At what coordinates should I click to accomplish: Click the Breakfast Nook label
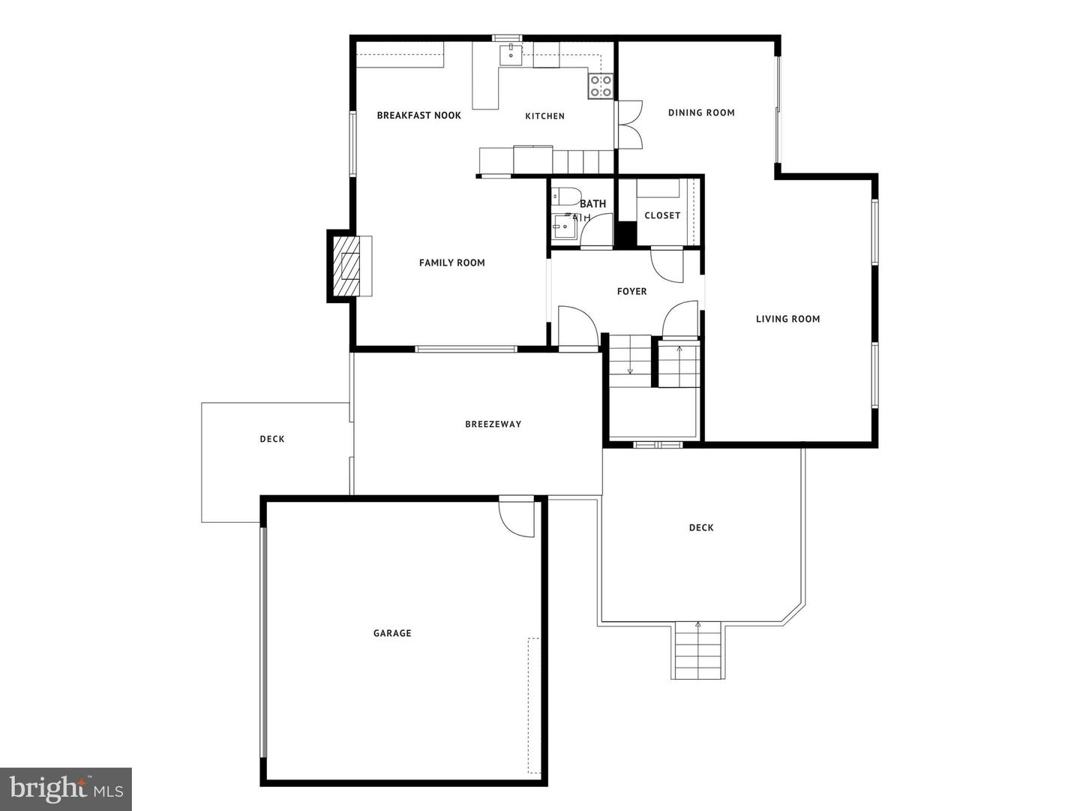418,116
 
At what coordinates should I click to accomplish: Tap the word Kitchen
544,116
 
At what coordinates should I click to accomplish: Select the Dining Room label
701,113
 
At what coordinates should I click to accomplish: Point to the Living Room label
787,319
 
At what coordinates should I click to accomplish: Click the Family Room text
451,263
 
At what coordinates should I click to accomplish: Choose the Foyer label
631,292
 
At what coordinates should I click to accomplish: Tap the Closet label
662,215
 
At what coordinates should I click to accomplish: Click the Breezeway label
493,425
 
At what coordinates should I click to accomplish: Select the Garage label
392,633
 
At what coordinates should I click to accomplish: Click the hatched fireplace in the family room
350,266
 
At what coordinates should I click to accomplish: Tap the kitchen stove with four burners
600,86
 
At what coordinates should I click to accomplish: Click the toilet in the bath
565,197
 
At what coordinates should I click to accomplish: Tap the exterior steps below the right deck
698,650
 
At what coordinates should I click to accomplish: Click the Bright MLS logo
66,788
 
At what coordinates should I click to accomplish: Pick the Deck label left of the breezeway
272,439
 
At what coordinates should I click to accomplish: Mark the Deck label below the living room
701,527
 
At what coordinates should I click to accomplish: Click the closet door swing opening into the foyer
667,264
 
